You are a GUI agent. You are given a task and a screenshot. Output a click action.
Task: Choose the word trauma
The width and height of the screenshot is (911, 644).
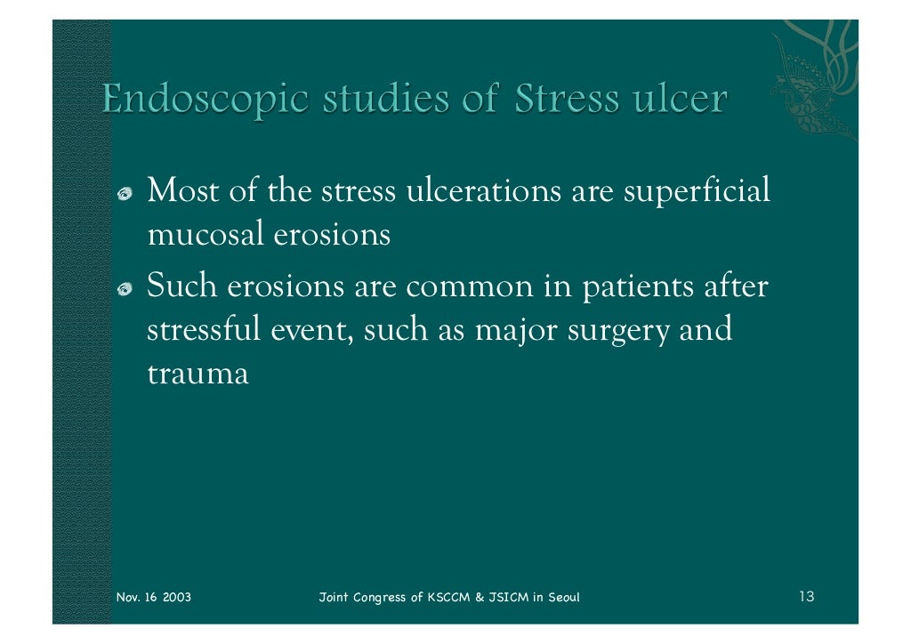coord(197,374)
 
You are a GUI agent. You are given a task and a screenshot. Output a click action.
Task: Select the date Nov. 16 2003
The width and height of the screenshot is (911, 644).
coord(154,597)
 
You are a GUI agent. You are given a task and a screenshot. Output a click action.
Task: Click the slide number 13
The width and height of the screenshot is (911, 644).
coord(806,596)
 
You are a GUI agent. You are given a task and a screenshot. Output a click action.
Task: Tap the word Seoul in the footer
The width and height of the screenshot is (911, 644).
coord(560,597)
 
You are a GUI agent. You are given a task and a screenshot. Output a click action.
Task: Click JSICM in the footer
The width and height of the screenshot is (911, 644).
coord(506,597)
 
